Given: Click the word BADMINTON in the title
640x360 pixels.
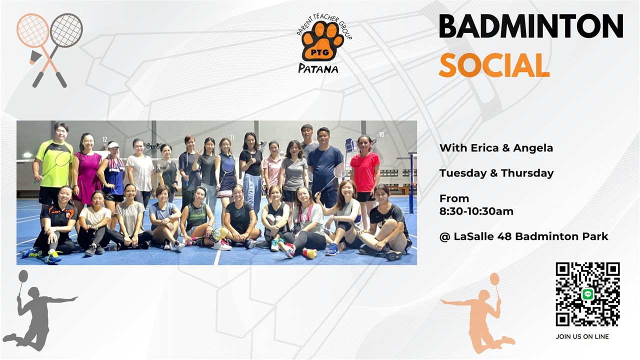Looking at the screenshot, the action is point(531,26).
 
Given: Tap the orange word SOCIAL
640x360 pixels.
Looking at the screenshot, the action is point(494,65).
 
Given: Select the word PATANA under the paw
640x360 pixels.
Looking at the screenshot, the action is point(318,68).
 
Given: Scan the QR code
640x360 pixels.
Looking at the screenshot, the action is point(587,294).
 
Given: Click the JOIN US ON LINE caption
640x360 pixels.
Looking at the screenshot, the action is point(582,337).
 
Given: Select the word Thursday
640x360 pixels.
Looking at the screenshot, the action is point(527,173).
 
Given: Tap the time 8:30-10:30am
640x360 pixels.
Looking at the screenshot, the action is point(476,211).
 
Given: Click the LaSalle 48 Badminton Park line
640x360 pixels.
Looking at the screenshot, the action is point(524,236).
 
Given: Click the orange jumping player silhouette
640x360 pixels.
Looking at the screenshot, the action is point(478,313).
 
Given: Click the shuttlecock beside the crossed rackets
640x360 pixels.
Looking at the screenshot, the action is point(35,57).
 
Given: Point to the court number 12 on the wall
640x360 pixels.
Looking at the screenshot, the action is point(105,139).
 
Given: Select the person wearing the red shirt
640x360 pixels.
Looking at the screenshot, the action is point(365,174).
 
